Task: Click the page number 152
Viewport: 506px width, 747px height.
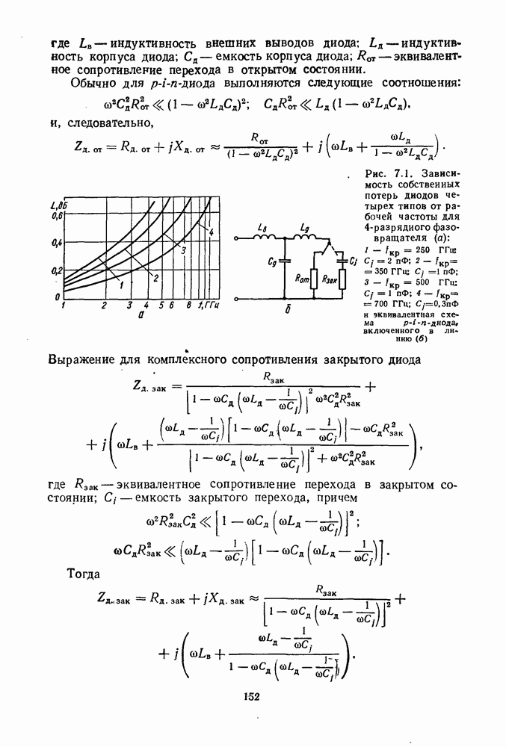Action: point(250,697)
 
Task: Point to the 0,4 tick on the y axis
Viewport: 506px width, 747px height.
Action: point(55,243)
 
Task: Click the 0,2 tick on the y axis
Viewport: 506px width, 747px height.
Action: point(55,270)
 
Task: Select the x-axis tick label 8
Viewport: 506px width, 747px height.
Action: point(190,306)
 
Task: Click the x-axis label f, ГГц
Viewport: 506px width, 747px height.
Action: point(208,306)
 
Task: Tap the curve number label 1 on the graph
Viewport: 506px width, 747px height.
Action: point(120,285)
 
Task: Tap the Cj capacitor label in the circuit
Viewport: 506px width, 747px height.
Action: point(354,260)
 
